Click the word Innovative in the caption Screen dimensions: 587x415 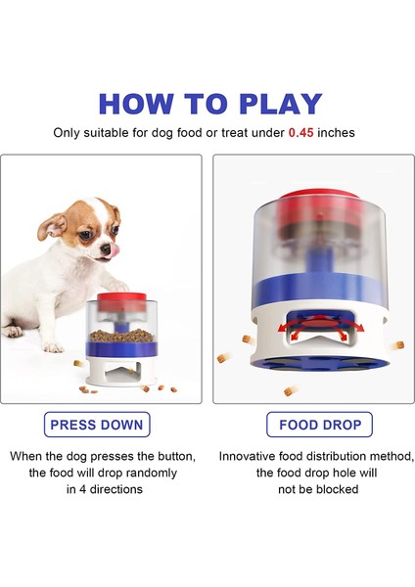[x=253, y=456]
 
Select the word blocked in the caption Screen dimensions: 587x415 [x=338, y=488]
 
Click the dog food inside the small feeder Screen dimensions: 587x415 [x=119, y=334]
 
